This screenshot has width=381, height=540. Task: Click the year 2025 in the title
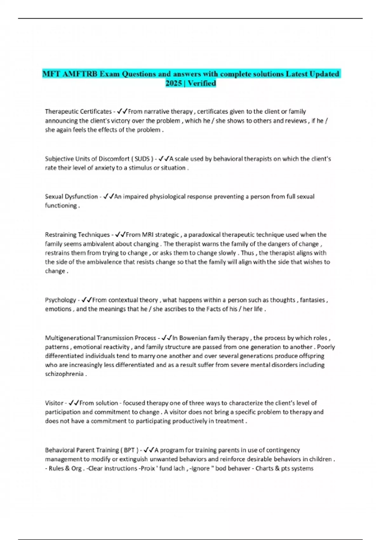click(173, 83)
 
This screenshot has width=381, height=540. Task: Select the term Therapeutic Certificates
click(78, 111)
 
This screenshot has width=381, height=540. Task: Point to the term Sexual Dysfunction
click(71, 197)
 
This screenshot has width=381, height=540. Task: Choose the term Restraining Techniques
click(77, 235)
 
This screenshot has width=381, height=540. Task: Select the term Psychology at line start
click(60, 300)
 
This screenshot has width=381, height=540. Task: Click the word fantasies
click(312, 300)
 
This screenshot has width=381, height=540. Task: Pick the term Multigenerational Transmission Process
click(100, 338)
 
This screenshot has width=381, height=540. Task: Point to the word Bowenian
click(193, 338)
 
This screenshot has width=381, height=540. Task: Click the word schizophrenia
click(64, 374)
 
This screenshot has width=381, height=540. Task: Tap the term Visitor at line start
click(54, 403)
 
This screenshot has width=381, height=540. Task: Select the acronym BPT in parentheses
click(129, 450)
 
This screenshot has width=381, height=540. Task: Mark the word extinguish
click(133, 459)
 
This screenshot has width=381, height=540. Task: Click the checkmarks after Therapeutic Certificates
click(122, 111)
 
